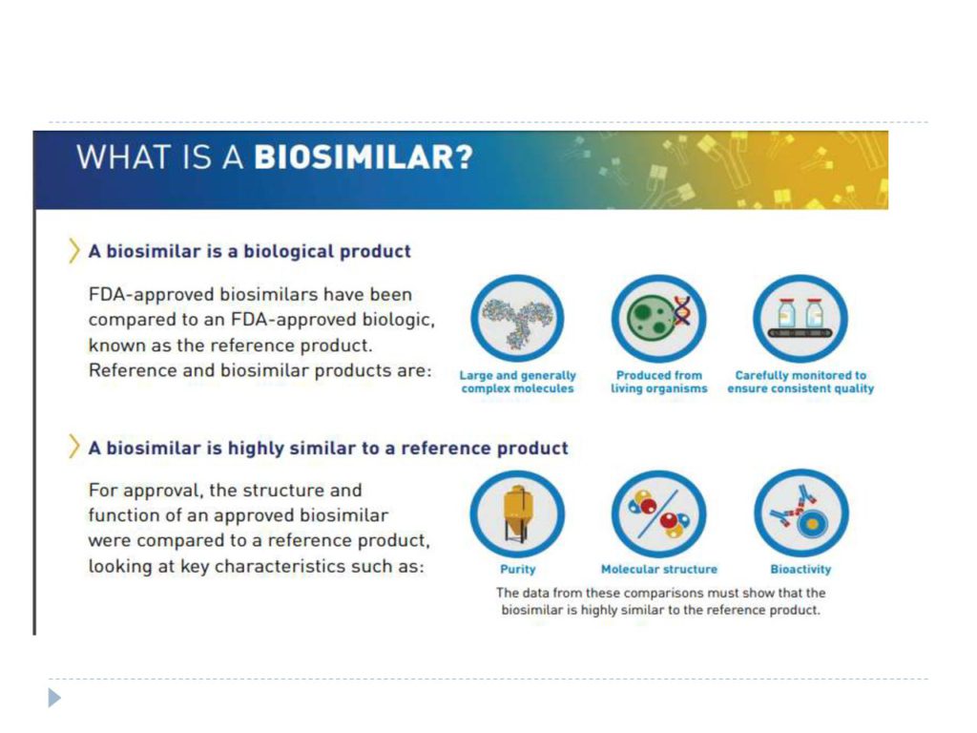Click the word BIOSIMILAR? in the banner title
tap(364, 157)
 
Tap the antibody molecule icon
tap(517, 318)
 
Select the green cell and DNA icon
tap(658, 318)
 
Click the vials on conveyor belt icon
tap(800, 318)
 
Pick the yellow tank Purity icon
tap(517, 513)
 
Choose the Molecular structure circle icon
tap(658, 513)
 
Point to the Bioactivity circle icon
tap(801, 513)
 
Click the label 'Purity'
tap(518, 569)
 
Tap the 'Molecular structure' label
tap(659, 569)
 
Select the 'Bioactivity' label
tap(800, 569)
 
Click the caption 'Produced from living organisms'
tap(659, 382)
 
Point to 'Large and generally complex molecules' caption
tap(518, 382)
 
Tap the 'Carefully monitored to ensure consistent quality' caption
tap(800, 382)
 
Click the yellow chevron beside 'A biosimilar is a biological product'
tap(74, 251)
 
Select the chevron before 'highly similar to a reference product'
tap(74, 447)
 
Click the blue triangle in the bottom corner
tap(54, 698)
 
